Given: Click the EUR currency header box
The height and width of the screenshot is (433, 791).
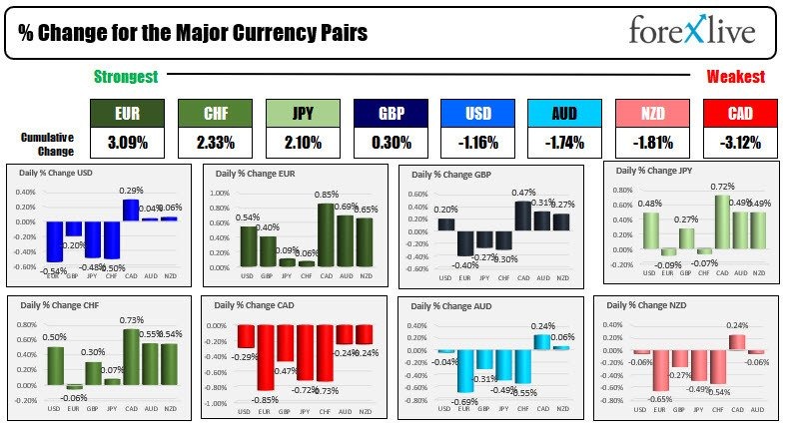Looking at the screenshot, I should [x=128, y=114].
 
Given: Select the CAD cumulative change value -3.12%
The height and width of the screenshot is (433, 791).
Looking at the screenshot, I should [x=740, y=144].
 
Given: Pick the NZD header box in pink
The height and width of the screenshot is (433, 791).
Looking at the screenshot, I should [x=653, y=114].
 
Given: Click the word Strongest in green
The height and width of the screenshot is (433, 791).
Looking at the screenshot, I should [x=126, y=77].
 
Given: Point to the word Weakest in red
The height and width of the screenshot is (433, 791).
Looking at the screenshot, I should [x=735, y=77].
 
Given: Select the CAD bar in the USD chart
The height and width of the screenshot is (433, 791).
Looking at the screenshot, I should [x=131, y=210].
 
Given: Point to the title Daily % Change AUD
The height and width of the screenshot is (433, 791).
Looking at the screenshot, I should [x=453, y=305].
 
